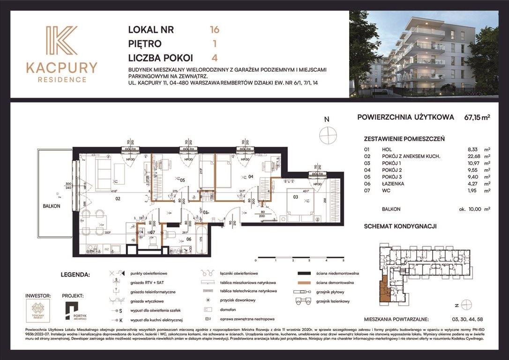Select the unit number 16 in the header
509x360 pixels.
click(215, 30)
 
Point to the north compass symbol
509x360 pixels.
click(328, 135)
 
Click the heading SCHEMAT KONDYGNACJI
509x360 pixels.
click(400, 226)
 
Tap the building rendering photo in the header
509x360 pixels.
click(424, 54)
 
